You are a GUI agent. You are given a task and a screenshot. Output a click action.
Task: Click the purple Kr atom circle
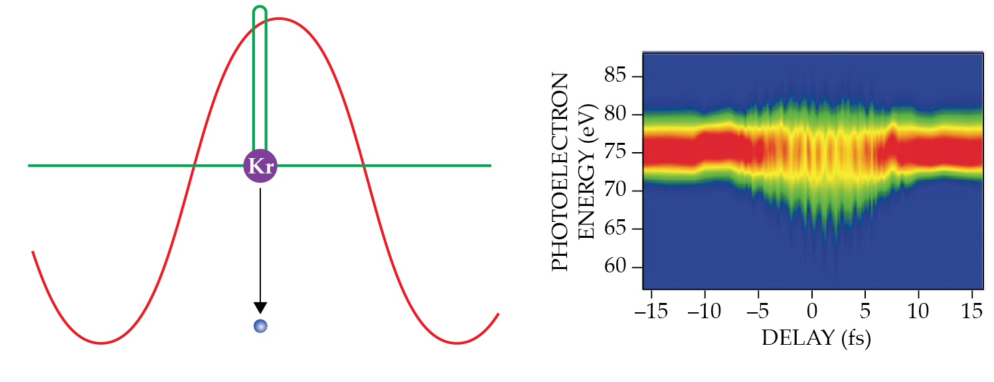coord(260,166)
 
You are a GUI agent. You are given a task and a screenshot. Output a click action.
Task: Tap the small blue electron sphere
coord(260,326)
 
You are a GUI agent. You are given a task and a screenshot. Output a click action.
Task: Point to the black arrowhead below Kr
coord(260,307)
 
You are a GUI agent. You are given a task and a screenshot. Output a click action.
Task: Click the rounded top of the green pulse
coord(260,9)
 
